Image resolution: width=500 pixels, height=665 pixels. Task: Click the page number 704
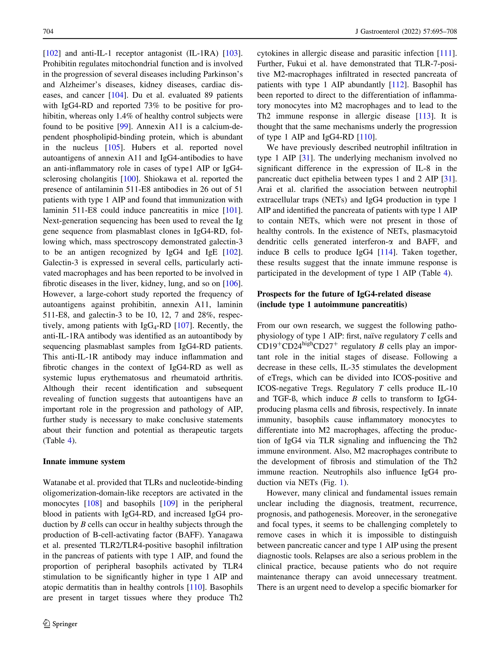(x=48, y=31)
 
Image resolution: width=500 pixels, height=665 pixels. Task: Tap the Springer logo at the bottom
(x=60, y=624)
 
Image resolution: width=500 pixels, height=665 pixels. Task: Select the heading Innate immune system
(x=84, y=461)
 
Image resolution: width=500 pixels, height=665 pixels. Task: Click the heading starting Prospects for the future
(x=344, y=294)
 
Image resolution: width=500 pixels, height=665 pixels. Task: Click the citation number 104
(x=117, y=95)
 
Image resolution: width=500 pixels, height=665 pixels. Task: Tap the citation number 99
(x=124, y=127)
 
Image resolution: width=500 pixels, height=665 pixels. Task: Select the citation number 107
(x=183, y=326)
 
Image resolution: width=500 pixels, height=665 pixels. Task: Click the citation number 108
(x=93, y=503)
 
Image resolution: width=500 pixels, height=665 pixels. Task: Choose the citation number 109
(x=168, y=503)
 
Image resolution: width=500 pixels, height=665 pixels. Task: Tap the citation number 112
(x=398, y=85)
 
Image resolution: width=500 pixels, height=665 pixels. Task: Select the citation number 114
(x=386, y=252)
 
